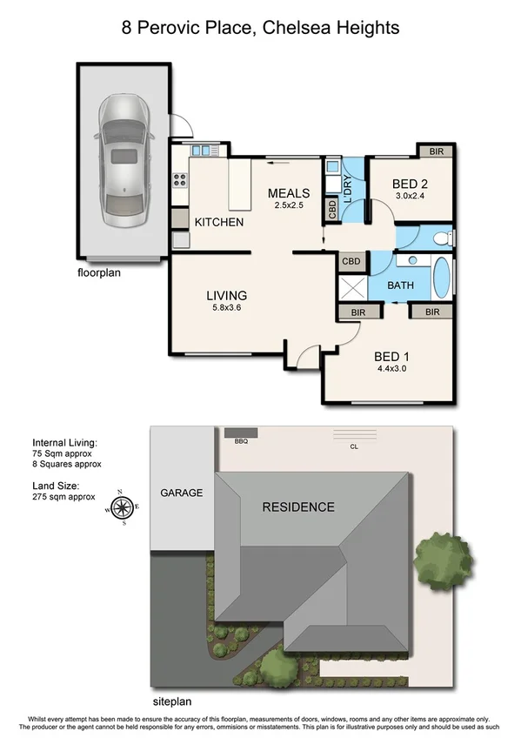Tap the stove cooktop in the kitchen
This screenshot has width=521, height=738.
click(181, 181)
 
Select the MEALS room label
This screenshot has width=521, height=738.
click(289, 193)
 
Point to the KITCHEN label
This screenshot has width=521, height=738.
click(218, 223)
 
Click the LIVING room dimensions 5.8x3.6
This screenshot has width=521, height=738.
click(226, 308)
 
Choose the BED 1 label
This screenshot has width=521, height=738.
click(391, 357)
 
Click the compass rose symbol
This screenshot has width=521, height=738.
click(123, 507)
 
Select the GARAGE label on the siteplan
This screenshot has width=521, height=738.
click(181, 493)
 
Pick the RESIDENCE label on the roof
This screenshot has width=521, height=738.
click(298, 507)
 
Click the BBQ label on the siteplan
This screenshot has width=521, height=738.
click(241, 441)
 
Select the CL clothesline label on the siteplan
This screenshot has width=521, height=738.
click(352, 446)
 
